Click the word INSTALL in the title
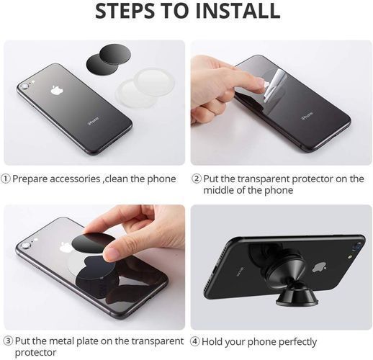click(238, 11)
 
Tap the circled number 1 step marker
click(6, 179)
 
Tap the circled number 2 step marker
click(197, 179)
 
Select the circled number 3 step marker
click(8, 341)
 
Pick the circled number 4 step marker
click(195, 341)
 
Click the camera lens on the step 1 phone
click(24, 86)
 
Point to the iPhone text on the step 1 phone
click(94, 121)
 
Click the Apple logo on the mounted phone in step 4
click(320, 267)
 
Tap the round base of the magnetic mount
click(297, 300)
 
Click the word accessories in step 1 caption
click(75, 179)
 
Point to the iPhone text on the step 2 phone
click(307, 116)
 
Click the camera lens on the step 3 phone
click(25, 246)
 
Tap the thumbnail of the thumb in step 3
click(111, 254)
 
